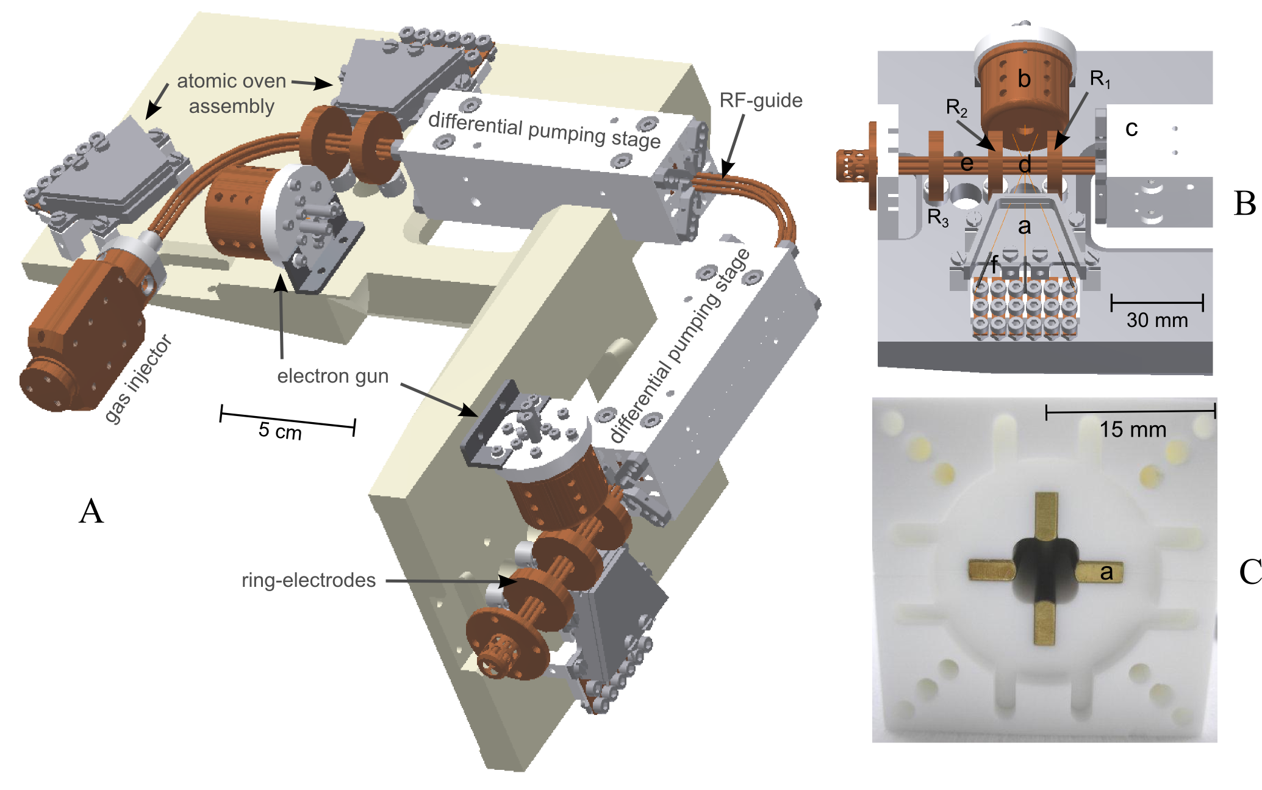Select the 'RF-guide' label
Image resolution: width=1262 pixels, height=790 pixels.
tap(761, 100)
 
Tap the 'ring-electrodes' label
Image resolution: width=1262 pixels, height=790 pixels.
tap(309, 580)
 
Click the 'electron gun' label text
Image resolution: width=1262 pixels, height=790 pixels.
tap(333, 376)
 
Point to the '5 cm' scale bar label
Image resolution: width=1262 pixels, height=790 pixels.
tap(280, 430)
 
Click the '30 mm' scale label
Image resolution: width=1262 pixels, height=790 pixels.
tap(1157, 320)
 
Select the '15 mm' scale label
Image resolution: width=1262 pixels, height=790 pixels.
tap(1133, 429)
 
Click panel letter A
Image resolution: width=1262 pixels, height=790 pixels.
tap(91, 511)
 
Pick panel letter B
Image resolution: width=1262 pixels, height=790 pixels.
tap(1244, 204)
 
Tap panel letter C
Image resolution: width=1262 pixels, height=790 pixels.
tap(1250, 572)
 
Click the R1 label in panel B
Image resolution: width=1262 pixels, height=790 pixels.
tap(1100, 79)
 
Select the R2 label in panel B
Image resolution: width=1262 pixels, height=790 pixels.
tap(956, 108)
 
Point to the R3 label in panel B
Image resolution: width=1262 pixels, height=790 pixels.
tap(938, 217)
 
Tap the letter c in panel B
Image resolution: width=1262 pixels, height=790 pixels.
tap(1131, 129)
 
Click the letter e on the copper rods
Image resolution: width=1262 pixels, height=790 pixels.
tap(966, 163)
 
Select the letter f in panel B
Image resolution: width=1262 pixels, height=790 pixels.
tap(995, 265)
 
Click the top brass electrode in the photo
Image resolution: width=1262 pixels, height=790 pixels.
tap(1046, 516)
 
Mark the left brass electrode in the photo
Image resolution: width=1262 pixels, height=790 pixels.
tap(992, 570)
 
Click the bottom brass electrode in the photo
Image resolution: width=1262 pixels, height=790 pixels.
tap(1045, 622)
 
